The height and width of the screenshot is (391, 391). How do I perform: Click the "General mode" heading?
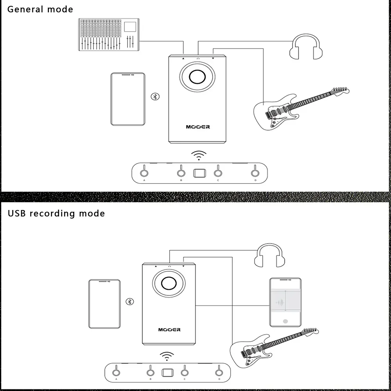(x=40, y=9)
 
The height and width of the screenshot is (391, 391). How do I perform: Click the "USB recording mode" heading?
(x=56, y=213)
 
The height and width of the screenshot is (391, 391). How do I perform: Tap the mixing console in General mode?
(x=109, y=34)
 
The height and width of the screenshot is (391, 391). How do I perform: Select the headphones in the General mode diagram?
(x=306, y=48)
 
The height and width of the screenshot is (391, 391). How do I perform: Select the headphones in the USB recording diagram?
(x=269, y=256)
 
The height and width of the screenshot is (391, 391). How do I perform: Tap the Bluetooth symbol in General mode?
(x=155, y=97)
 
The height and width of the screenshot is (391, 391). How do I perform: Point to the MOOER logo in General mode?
(x=197, y=127)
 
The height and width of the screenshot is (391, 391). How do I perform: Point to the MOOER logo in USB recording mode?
(x=169, y=330)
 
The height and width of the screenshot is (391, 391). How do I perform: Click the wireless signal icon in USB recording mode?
(x=167, y=356)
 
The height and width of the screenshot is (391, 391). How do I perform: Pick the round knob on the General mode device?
(x=197, y=77)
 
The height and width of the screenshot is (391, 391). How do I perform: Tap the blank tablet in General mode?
(x=128, y=99)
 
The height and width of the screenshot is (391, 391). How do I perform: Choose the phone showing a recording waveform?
(x=286, y=302)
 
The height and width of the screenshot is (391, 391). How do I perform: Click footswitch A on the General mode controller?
(x=144, y=172)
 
